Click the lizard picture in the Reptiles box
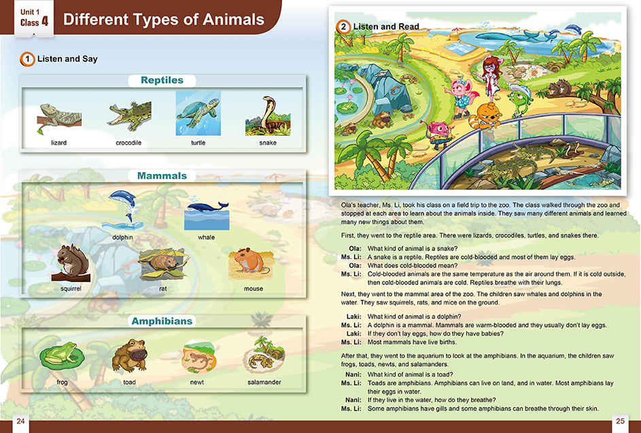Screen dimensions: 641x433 (x=59, y=118)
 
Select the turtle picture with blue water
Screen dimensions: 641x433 (x=198, y=114)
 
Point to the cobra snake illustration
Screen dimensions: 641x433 (x=268, y=116)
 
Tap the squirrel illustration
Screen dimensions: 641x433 (x=71, y=263)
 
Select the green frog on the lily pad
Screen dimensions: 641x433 (x=62, y=355)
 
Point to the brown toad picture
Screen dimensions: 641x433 (x=129, y=356)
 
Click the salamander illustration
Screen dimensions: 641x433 (x=264, y=354)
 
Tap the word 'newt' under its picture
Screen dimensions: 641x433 (x=197, y=382)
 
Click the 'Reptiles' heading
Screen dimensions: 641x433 (x=162, y=80)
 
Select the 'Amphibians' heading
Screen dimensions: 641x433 (x=162, y=321)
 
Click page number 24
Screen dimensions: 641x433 (x=21, y=421)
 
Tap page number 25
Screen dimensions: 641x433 (x=620, y=421)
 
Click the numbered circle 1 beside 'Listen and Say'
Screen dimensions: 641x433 (x=27, y=59)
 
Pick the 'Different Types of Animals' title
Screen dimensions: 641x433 (x=164, y=20)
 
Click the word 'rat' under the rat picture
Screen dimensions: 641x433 (x=162, y=289)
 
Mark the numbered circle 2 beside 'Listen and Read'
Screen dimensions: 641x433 (x=344, y=27)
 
